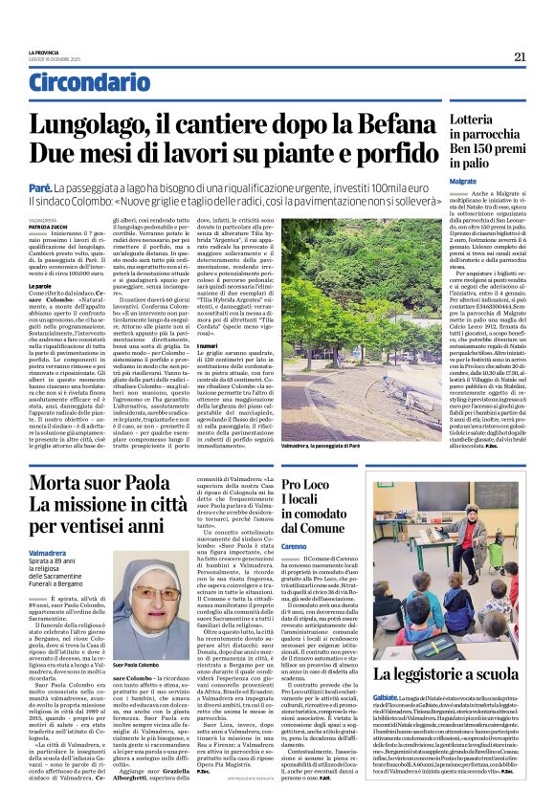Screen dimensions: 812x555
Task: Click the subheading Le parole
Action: (x=41, y=285)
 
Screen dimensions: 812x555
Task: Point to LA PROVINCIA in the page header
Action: (x=44, y=53)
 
